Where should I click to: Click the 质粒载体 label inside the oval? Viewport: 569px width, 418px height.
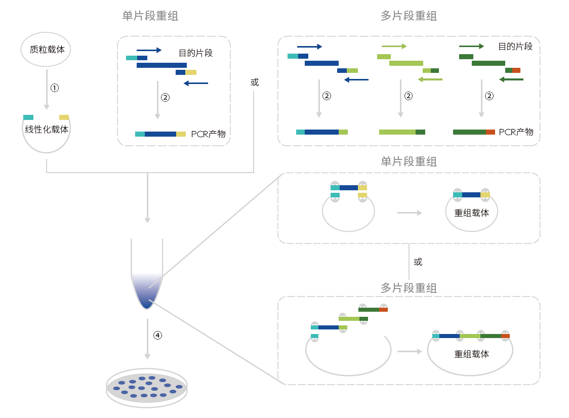[47, 50]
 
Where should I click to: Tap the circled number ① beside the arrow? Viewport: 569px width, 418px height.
[55, 88]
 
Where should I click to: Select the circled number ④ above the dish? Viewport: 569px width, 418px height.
[157, 335]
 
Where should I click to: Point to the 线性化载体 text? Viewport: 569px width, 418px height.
[47, 129]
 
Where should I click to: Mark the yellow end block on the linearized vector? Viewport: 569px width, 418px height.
[64, 117]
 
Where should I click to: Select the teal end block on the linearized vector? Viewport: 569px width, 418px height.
[28, 117]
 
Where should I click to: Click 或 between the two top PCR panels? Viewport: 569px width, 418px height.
[254, 82]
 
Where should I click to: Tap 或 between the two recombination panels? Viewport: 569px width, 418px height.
[418, 262]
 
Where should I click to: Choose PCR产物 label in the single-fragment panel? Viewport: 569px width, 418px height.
[208, 134]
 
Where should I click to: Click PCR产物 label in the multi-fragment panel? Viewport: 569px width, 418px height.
[516, 132]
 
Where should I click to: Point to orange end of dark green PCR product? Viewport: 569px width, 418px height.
[490, 132]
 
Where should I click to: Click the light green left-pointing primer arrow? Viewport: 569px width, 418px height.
[430, 79]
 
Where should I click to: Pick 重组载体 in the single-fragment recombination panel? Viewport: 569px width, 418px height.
[471, 213]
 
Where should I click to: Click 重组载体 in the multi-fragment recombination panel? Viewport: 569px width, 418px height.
[471, 354]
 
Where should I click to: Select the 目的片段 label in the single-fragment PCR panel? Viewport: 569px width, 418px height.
[195, 53]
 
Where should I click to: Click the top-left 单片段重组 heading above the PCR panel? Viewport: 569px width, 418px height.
[150, 16]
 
